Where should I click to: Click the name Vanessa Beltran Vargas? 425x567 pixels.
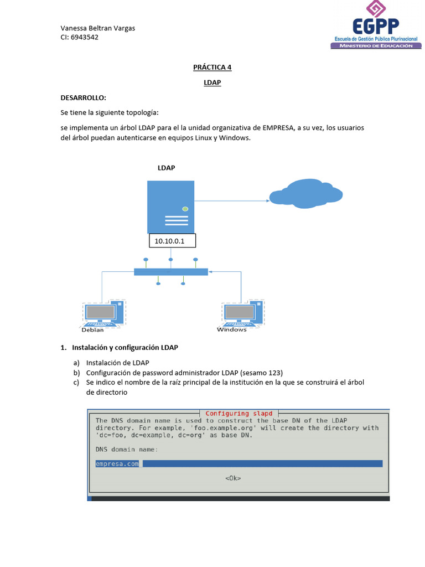point(97,28)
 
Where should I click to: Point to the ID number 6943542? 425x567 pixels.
point(85,38)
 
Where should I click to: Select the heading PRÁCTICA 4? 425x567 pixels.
point(212,68)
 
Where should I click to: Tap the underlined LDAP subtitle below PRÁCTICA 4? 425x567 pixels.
point(212,83)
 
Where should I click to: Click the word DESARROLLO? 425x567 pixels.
point(83,98)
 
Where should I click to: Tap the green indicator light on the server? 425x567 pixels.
point(185,209)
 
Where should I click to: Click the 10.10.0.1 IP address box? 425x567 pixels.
point(173,241)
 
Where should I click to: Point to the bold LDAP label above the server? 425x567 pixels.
point(167,168)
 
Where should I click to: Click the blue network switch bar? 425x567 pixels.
point(171,272)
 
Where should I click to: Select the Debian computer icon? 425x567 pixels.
point(103,313)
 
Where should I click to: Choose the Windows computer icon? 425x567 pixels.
point(242,313)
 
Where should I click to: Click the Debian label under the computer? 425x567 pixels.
point(92,331)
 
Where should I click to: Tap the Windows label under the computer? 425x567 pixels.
point(232,330)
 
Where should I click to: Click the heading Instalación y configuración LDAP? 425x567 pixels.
point(125,348)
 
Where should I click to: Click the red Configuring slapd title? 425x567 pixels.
point(239,414)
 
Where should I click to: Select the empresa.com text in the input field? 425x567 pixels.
point(117,463)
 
